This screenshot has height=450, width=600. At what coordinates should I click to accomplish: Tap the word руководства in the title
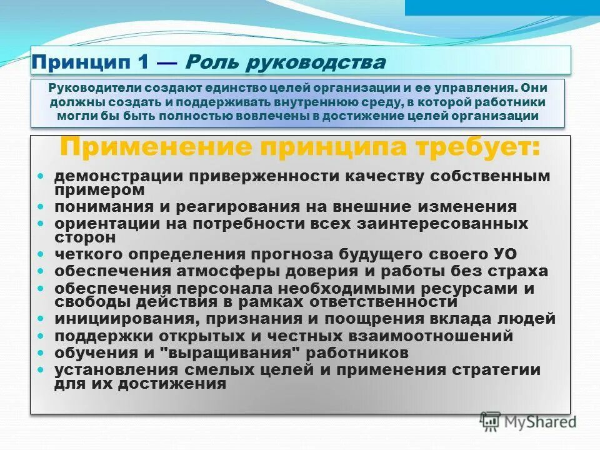pyautogui.click(x=315, y=62)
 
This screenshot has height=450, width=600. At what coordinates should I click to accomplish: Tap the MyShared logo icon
pyautogui.click(x=491, y=421)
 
